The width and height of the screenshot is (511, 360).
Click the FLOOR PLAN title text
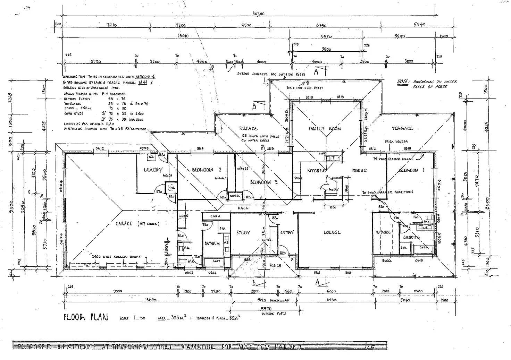(x=85, y=317)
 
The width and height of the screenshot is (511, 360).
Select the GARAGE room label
(x=137, y=224)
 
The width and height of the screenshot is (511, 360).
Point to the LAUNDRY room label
(x=153, y=170)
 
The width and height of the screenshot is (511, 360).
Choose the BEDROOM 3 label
(x=263, y=182)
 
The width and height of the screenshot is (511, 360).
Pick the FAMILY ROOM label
(x=325, y=129)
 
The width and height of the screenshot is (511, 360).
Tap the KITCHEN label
(x=316, y=171)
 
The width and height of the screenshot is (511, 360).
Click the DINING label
(x=359, y=171)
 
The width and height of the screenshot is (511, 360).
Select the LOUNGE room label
(x=332, y=232)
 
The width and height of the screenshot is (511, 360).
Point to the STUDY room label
(x=243, y=232)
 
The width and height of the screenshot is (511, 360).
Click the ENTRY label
(x=287, y=232)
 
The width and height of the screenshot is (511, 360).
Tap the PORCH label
(x=275, y=266)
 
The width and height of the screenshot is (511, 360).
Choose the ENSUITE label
(x=411, y=237)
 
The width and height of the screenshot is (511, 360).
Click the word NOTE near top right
(x=403, y=82)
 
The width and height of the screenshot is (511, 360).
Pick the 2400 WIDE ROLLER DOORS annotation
(x=117, y=257)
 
